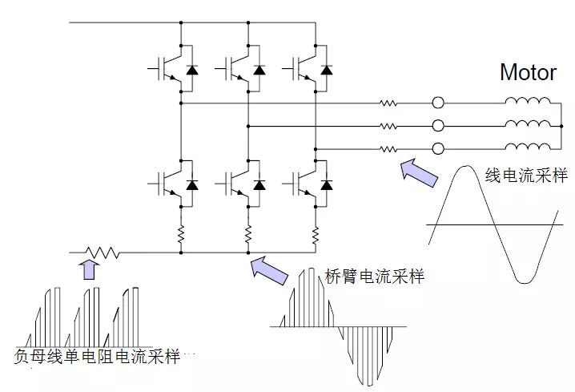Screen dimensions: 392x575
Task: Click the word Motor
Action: click(528, 72)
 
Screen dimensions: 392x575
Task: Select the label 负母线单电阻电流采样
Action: click(97, 356)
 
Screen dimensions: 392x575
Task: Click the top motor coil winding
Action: click(528, 102)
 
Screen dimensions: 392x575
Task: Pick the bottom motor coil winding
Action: click(528, 148)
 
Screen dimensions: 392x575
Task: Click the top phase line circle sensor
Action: click(438, 103)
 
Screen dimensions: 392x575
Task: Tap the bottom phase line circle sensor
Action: click(438, 148)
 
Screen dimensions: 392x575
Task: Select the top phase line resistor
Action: click(389, 103)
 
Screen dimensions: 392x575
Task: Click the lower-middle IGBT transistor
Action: click(232, 184)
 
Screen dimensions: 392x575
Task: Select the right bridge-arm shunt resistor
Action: click(316, 233)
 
